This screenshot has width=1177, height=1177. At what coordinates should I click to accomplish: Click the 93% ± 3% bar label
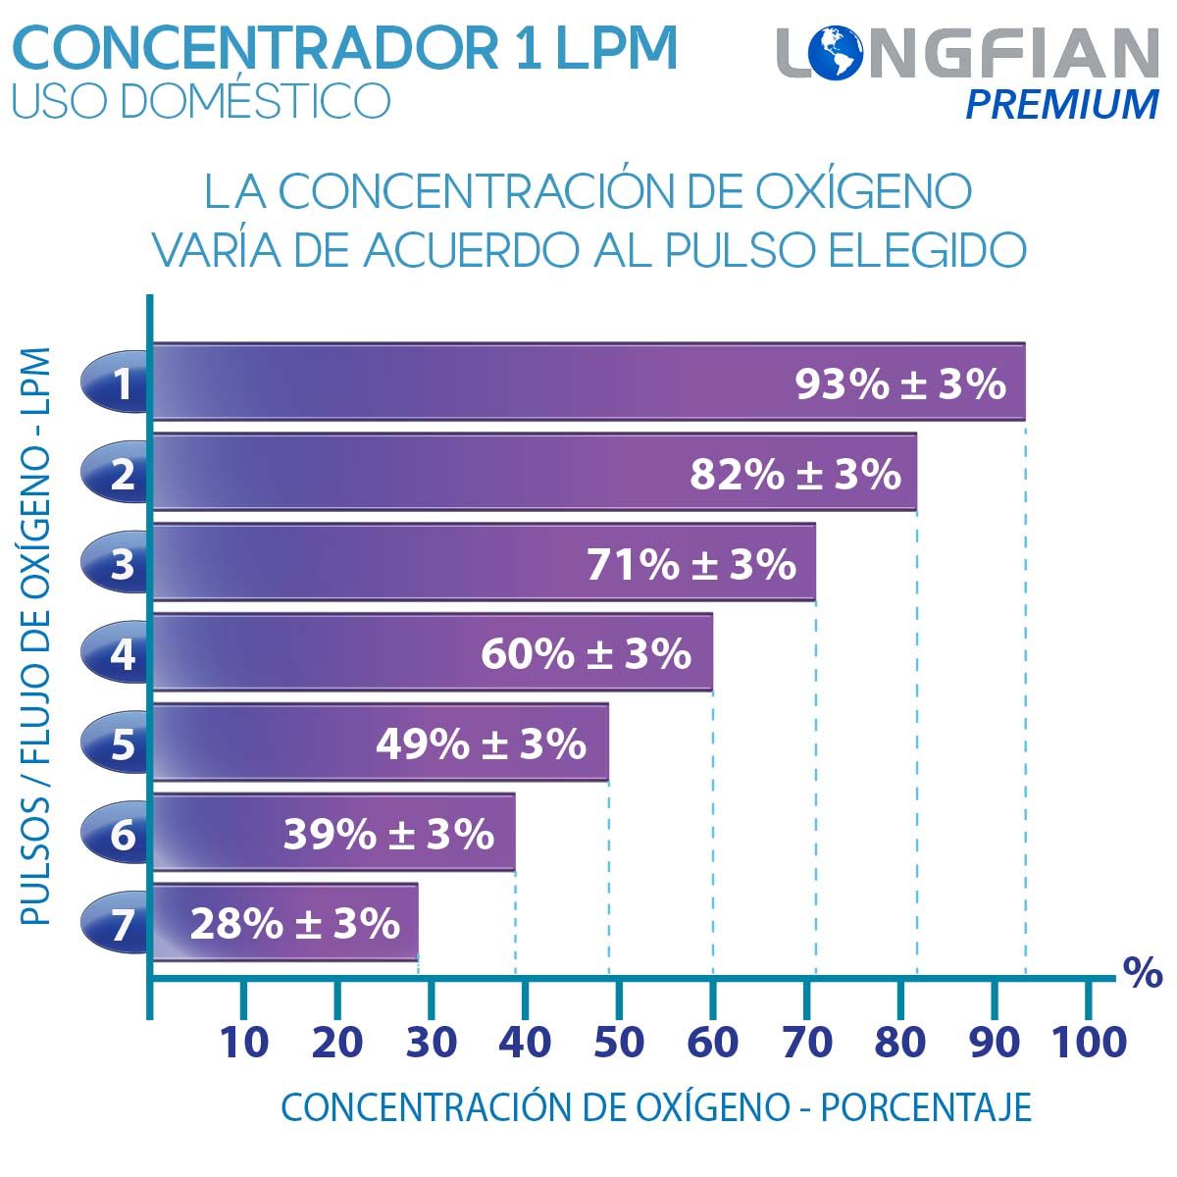(x=899, y=384)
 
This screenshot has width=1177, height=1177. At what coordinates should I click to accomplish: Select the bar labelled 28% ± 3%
(x=284, y=923)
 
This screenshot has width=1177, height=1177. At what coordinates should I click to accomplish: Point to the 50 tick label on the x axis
(x=619, y=1042)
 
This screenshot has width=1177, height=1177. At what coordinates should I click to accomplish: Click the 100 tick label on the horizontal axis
(x=1089, y=1042)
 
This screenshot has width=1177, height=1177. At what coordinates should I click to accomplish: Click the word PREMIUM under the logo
(x=1062, y=104)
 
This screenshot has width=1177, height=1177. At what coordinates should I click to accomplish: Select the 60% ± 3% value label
(x=586, y=654)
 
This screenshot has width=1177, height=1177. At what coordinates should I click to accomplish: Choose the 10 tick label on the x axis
(x=243, y=1042)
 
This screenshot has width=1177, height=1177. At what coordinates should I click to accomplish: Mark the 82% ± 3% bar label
(x=794, y=475)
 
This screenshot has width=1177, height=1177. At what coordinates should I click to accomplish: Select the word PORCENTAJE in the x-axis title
(x=925, y=1107)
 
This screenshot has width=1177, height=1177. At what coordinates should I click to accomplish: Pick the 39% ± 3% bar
(x=333, y=834)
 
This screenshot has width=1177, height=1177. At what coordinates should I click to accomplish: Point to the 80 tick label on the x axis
(x=900, y=1042)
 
